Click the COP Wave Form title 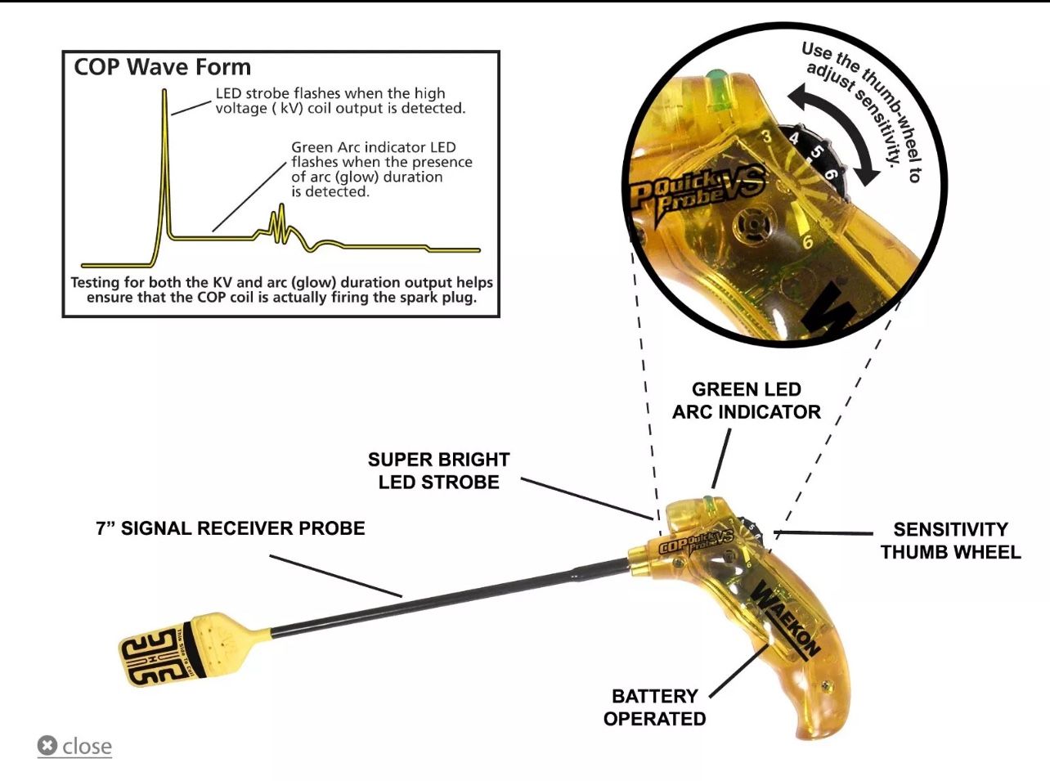[162, 67]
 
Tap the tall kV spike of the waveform [164, 166]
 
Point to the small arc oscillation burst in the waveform [280, 225]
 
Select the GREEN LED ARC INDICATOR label [747, 401]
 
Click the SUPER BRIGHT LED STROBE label [439, 471]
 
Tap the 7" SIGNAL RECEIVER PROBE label [231, 528]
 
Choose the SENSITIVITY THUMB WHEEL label [950, 541]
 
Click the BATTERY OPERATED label [655, 707]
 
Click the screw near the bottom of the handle [827, 685]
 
